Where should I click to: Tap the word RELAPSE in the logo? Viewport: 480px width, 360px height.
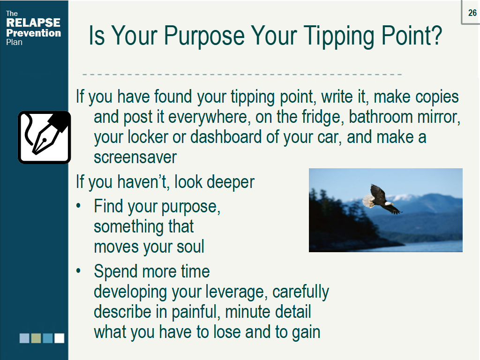[x=33, y=22]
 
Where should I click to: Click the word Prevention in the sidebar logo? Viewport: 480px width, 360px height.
[x=33, y=33]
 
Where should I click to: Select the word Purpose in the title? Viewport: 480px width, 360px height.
[x=204, y=36]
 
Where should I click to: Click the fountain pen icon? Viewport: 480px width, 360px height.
[x=45, y=137]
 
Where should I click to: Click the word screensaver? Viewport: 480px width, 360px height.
[x=135, y=157]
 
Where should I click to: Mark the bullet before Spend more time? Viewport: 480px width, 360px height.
[x=78, y=270]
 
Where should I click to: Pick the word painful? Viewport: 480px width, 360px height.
[x=196, y=312]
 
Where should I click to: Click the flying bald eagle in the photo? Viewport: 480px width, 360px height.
[x=382, y=199]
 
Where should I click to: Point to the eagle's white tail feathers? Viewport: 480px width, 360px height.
[x=368, y=201]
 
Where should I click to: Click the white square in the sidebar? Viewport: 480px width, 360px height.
[x=60, y=338]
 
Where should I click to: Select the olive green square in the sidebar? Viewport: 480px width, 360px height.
[x=36, y=338]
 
